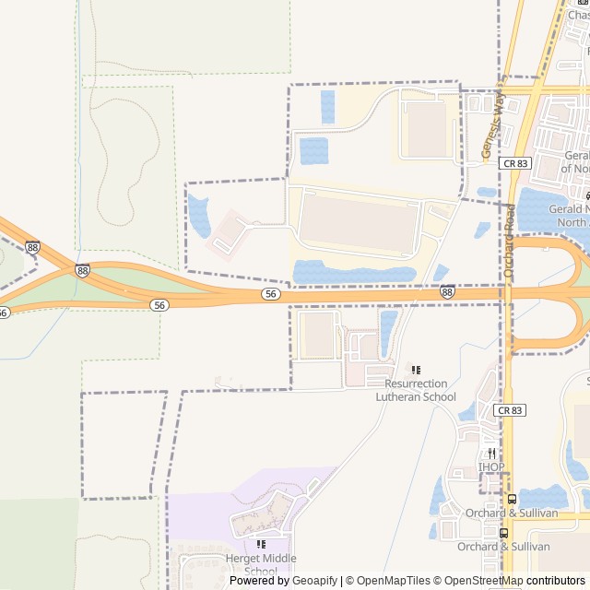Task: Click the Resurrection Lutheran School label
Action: click(x=416, y=390)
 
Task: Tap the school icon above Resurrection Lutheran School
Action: click(x=416, y=370)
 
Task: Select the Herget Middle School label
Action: click(x=261, y=564)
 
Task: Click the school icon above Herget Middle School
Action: click(x=261, y=544)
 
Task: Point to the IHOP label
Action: click(x=491, y=466)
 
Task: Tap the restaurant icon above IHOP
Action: click(x=492, y=453)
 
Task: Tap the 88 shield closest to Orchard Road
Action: click(x=447, y=292)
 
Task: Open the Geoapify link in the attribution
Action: click(x=315, y=581)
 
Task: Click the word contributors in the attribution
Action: click(x=556, y=581)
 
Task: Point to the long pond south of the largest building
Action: click(x=354, y=272)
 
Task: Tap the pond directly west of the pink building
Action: click(x=198, y=215)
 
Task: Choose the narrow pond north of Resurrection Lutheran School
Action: click(x=388, y=332)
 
